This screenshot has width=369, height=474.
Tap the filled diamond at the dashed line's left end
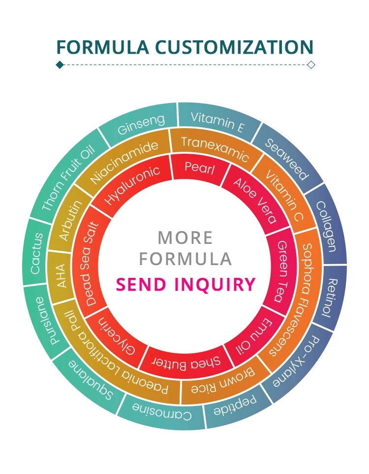tap(60, 65)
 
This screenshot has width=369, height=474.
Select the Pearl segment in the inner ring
tap(199, 168)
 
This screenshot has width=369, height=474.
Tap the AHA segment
tap(61, 276)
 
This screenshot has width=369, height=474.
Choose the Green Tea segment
tap(282, 273)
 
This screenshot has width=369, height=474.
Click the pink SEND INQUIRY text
tap(186, 284)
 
